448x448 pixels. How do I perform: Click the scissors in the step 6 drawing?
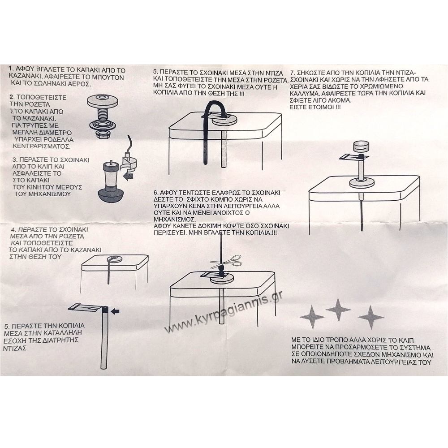click(x=226, y=262)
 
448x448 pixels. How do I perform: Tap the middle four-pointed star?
click(x=338, y=310)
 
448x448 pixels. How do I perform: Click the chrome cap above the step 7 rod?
click(x=361, y=147)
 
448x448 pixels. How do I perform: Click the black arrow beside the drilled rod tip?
click(x=115, y=311)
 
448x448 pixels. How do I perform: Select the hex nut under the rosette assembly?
click(x=102, y=134)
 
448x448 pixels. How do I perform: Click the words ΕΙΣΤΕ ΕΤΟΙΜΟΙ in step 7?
click(x=315, y=108)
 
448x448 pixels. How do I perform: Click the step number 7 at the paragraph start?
click(x=292, y=73)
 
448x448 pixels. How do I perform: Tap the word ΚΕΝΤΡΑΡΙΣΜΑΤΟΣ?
click(x=42, y=146)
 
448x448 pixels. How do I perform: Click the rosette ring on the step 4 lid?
click(x=115, y=259)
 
